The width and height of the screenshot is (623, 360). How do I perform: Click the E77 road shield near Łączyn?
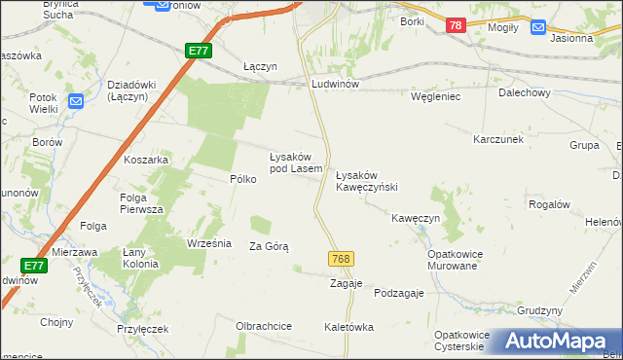click(x=199, y=51)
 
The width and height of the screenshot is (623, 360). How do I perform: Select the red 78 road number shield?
click(x=456, y=27)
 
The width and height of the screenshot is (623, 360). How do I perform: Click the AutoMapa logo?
click(x=554, y=341)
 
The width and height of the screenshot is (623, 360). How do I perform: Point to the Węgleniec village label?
click(x=434, y=97)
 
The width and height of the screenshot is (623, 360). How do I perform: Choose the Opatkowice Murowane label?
click(x=456, y=260)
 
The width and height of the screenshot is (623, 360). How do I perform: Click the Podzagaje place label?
click(x=401, y=294)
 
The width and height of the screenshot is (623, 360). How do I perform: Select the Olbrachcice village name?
click(x=264, y=326)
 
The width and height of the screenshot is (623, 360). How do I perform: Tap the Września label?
click(x=208, y=243)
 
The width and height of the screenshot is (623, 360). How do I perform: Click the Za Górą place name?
click(x=270, y=247)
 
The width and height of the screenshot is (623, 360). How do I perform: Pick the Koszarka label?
click(x=147, y=160)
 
